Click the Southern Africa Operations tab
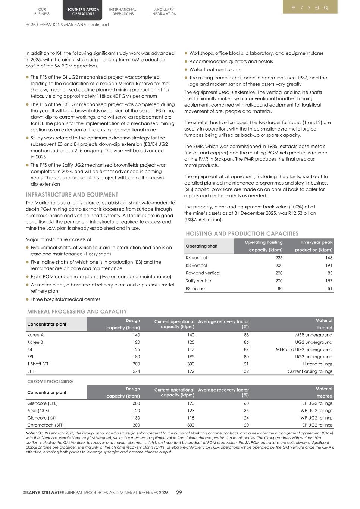click(x=83, y=12)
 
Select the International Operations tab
click(x=122, y=12)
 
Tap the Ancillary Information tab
click(x=164, y=12)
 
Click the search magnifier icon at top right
click(x=326, y=7)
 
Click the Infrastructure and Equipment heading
click(x=72, y=195)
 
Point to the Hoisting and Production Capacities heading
click(x=242, y=233)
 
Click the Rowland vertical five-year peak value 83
click(x=329, y=273)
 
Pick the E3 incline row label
click(x=195, y=288)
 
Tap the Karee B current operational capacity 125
click(x=190, y=342)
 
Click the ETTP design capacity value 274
click(x=136, y=371)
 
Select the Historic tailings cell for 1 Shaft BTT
click(x=317, y=364)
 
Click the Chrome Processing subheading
click(x=50, y=381)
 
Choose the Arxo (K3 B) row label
click(x=38, y=411)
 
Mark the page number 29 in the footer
click(x=179, y=493)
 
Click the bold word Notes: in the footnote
click(x=31, y=433)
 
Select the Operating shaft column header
click(x=201, y=246)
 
